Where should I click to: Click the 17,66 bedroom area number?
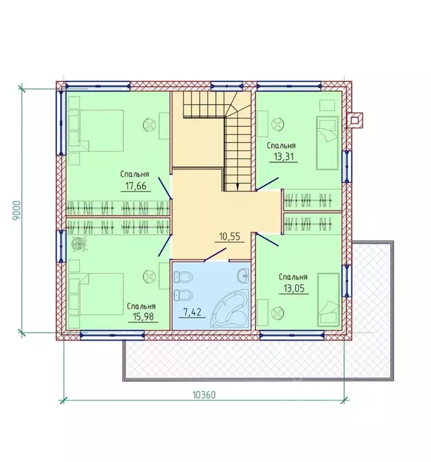click(x=135, y=186)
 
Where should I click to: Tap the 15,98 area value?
click(x=143, y=316)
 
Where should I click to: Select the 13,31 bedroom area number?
click(x=284, y=157)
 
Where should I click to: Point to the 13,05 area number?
click(x=294, y=288)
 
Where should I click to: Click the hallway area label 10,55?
click(x=229, y=236)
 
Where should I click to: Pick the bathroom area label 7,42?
click(x=192, y=312)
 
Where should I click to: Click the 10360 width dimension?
click(x=204, y=395)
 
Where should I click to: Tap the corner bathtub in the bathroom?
click(x=229, y=308)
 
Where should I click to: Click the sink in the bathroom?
click(x=243, y=275)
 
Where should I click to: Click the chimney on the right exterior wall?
click(x=355, y=120)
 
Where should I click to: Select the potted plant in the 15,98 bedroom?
click(x=79, y=244)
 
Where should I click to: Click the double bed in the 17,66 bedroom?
click(x=96, y=131)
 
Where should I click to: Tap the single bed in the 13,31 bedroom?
click(x=327, y=143)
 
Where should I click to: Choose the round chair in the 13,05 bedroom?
click(x=277, y=313)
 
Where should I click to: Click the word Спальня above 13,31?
click(x=281, y=146)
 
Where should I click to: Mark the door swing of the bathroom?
click(x=215, y=255)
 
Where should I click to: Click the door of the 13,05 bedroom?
click(x=267, y=239)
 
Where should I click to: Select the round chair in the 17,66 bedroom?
click(x=149, y=124)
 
